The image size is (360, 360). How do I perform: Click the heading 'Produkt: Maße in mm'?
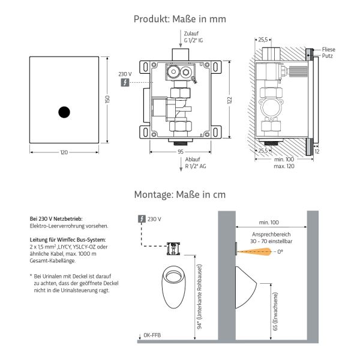click(180, 19)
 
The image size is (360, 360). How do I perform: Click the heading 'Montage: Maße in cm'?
click(180, 194)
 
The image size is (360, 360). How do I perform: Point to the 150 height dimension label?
click(107, 100)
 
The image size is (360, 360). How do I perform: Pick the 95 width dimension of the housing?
click(180, 152)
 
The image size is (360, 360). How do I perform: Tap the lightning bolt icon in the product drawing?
click(124, 82)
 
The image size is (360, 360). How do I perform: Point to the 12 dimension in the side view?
click(317, 152)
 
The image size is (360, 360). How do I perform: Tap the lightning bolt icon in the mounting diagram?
click(141, 219)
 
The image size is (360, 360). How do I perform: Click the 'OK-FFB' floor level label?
click(152, 334)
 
